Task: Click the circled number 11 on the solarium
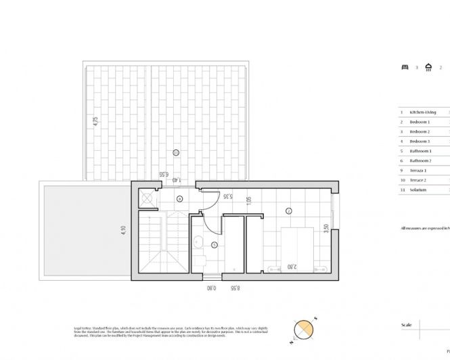(x=176, y=153)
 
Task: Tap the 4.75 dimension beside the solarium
(x=95, y=123)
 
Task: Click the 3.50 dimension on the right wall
(x=325, y=229)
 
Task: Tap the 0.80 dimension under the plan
(x=211, y=288)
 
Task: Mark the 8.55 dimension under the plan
(x=235, y=288)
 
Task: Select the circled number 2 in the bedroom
(x=288, y=211)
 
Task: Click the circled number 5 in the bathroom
(x=214, y=244)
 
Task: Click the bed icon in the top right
(x=405, y=68)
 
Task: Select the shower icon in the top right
(x=428, y=67)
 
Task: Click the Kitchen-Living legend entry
(x=423, y=112)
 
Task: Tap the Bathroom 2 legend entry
(x=420, y=161)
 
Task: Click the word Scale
(x=407, y=325)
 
